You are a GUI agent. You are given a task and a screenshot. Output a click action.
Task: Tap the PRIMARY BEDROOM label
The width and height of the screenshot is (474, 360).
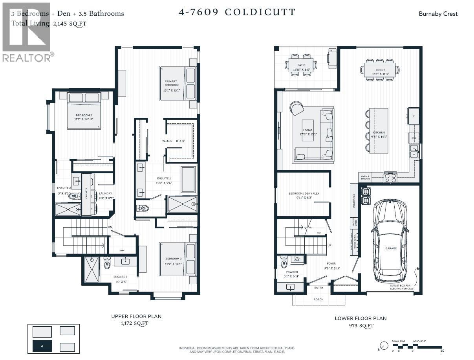(x=171, y=83)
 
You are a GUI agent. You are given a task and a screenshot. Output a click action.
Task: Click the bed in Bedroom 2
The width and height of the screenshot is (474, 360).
(x=84, y=111)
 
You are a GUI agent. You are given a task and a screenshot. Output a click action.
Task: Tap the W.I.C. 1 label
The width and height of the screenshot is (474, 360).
(x=167, y=141)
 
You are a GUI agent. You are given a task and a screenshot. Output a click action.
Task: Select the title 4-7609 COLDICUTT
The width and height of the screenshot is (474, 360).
(x=237, y=12)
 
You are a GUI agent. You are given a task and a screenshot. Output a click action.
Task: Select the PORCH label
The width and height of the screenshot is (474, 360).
(x=318, y=299)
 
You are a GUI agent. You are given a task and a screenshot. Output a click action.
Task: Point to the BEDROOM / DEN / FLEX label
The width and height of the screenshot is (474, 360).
(x=301, y=194)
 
